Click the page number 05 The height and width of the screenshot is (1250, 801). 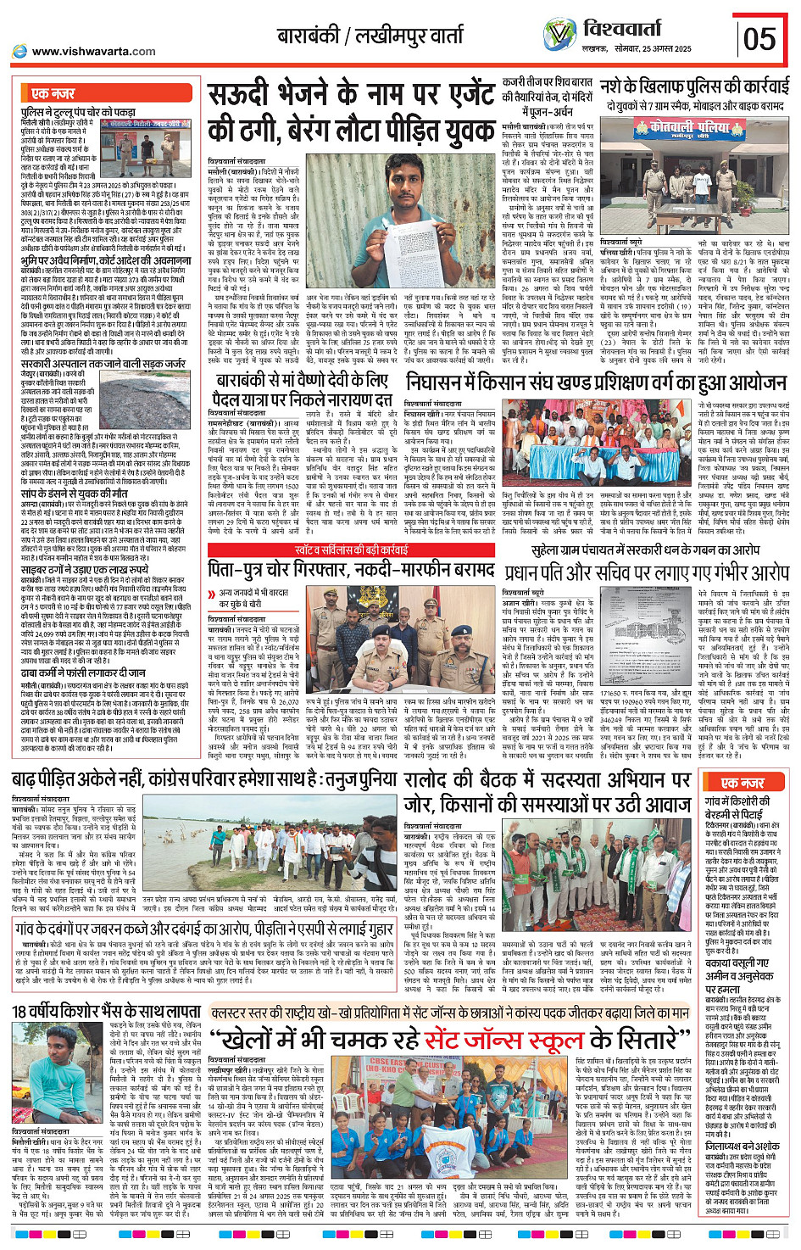[759, 39]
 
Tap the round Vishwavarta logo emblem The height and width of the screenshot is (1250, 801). [559, 35]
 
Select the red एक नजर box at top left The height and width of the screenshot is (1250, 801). [53, 93]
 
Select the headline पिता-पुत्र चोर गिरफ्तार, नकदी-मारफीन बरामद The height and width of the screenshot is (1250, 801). [351, 569]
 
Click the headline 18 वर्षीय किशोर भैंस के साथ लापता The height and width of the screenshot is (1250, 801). [106, 1011]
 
